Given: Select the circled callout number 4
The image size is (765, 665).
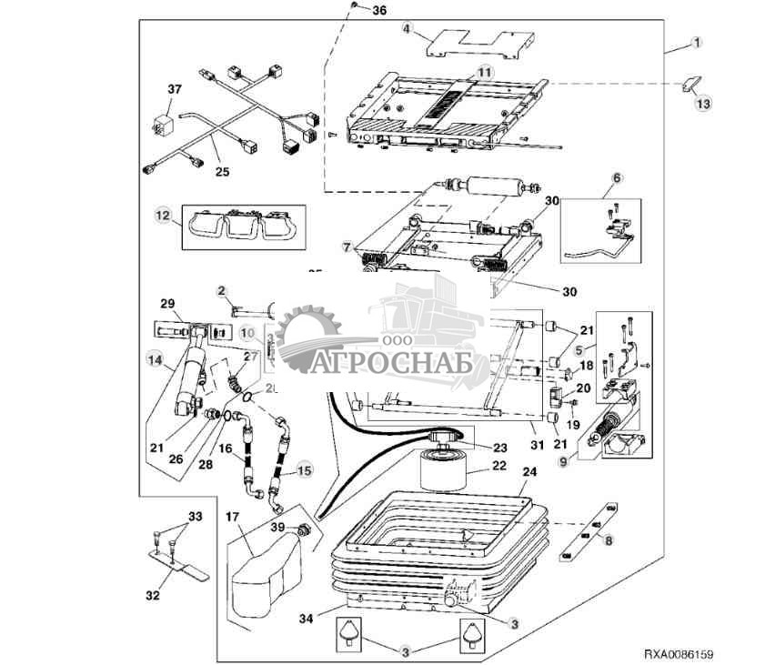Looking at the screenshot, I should (408, 30).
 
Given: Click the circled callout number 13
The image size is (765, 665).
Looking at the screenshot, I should (702, 105).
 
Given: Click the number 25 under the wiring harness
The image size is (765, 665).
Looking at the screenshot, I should (222, 169).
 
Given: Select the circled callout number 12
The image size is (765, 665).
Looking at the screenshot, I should (164, 217).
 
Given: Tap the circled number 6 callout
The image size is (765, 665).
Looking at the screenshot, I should (617, 177).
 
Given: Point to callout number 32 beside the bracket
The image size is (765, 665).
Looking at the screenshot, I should (152, 596).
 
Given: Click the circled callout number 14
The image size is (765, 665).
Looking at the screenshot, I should (151, 359).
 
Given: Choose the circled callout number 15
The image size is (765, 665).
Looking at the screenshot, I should (304, 471).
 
